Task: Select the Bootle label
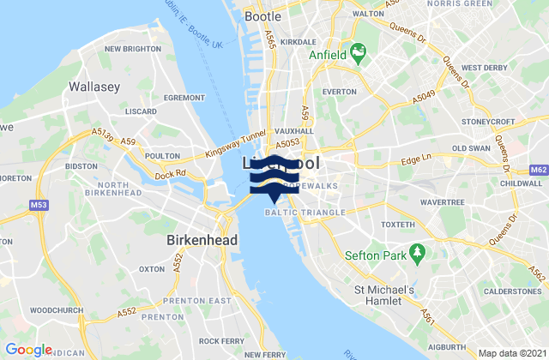(x=263, y=15)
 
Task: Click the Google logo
(x=28, y=349)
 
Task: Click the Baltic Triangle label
(x=305, y=212)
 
